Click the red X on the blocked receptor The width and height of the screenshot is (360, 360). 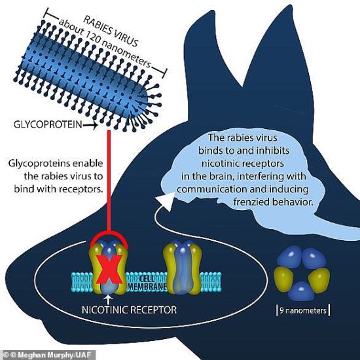[109, 269]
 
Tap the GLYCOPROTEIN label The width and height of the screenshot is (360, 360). [48, 124]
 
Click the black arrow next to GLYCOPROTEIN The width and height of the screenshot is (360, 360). [90, 126]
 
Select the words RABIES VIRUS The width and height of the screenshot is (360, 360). [111, 31]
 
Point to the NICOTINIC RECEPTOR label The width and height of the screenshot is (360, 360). [129, 310]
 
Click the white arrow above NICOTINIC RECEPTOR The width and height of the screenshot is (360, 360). [109, 299]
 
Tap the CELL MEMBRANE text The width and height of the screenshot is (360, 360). [147, 283]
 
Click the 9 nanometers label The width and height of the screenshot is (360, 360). [303, 311]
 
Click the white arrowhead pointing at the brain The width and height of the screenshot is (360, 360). [165, 202]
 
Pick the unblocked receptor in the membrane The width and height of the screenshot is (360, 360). [183, 268]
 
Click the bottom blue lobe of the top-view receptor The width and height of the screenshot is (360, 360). [301, 291]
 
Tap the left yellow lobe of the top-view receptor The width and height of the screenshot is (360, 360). [283, 278]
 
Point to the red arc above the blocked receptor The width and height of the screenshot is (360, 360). [109, 236]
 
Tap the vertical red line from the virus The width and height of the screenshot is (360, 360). [109, 181]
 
